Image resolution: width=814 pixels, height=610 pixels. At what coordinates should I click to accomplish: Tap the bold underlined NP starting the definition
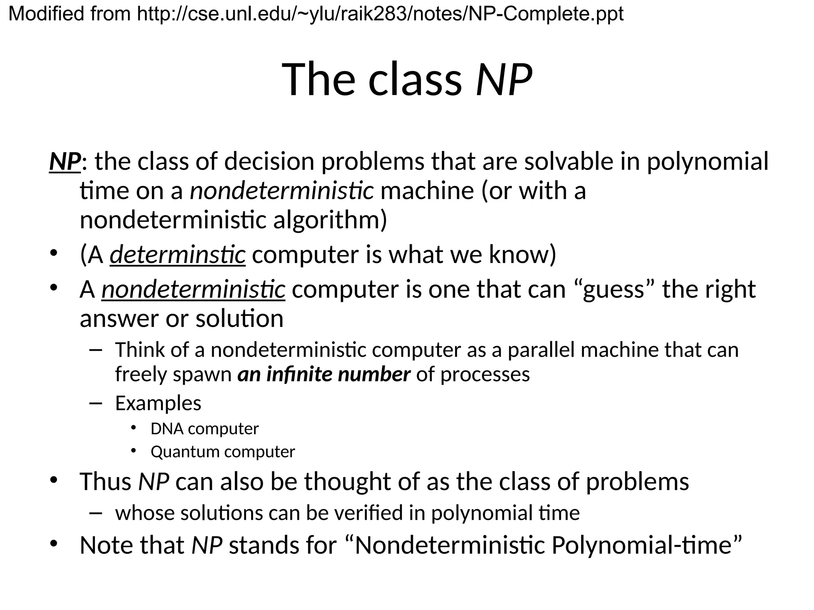point(65,162)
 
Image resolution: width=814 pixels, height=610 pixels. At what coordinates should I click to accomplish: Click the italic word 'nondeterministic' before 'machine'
point(281,191)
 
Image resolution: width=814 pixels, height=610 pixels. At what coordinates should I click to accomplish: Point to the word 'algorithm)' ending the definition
point(330,220)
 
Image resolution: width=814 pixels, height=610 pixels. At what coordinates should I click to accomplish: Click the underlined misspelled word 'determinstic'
point(178,255)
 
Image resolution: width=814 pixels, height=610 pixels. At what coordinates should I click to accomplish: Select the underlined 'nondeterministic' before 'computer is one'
point(193,289)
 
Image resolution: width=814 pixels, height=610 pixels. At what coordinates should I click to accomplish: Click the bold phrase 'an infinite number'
point(324,374)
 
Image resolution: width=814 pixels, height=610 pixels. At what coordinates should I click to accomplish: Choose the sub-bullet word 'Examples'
point(158,403)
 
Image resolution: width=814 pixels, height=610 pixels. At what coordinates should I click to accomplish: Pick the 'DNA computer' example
point(205,429)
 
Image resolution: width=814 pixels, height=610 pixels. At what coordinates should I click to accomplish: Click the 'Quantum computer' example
point(223,452)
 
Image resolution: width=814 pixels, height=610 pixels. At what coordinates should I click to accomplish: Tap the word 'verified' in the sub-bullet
point(368,513)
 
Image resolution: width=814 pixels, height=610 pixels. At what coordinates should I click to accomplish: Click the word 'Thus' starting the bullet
point(105,482)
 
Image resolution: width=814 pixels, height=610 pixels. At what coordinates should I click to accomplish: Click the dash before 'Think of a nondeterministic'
point(96,350)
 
